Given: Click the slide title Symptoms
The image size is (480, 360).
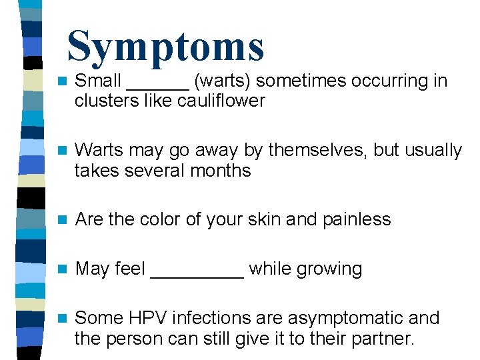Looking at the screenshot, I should tap(165, 47).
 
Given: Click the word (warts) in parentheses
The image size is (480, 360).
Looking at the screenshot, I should tap(223, 82).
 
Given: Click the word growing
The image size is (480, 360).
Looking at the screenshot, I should tap(329, 269).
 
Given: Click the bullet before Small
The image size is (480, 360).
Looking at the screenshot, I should tap(61, 82).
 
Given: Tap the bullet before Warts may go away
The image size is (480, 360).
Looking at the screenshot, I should tap(61, 151).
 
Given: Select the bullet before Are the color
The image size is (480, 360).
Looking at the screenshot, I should tap(61, 220).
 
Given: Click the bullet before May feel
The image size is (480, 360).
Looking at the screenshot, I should tap(61, 269).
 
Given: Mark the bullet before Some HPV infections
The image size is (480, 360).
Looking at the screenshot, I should tap(61, 319).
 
